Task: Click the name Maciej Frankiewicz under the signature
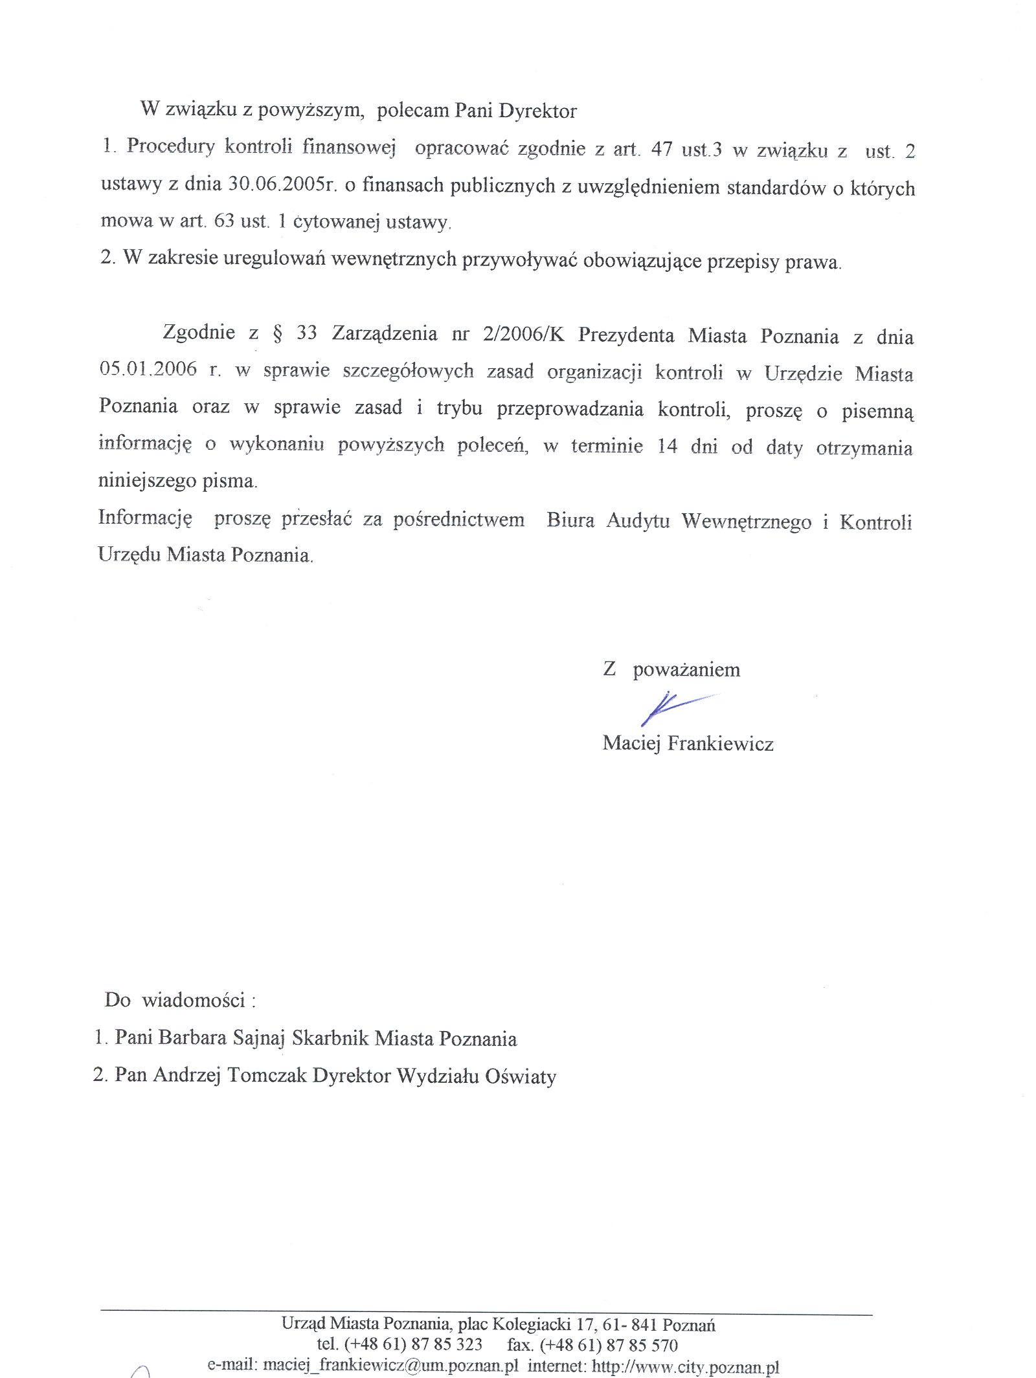[688, 743]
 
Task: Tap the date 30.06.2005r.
[282, 184]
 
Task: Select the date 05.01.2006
[148, 369]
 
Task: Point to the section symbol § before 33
[278, 334]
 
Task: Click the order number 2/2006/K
[523, 334]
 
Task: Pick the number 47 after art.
[661, 150]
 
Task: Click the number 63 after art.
[224, 221]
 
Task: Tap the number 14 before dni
[667, 447]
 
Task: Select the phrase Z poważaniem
[671, 669]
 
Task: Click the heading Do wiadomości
[180, 1001]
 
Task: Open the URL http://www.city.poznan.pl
[685, 1366]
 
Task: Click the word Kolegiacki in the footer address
[531, 1324]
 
